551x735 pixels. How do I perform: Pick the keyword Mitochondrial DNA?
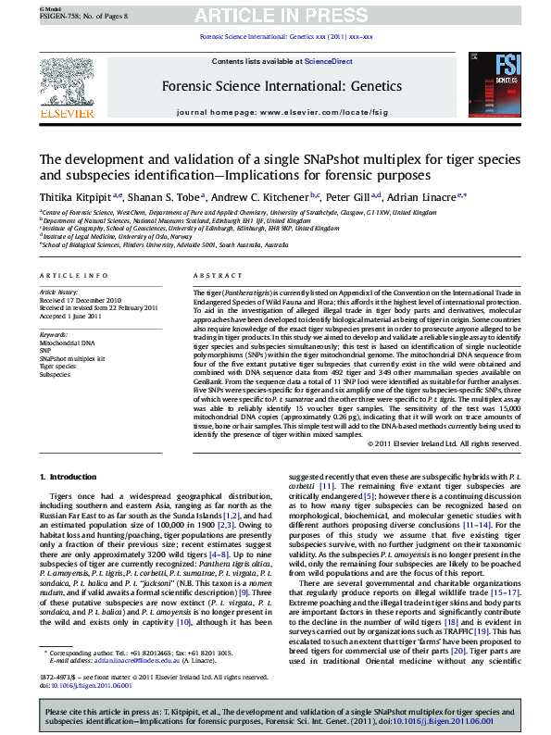tap(67, 343)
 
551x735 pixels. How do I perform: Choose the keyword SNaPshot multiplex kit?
tap(72, 357)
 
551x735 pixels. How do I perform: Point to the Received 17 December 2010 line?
tap(81, 300)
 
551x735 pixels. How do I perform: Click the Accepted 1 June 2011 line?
tap(72, 315)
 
